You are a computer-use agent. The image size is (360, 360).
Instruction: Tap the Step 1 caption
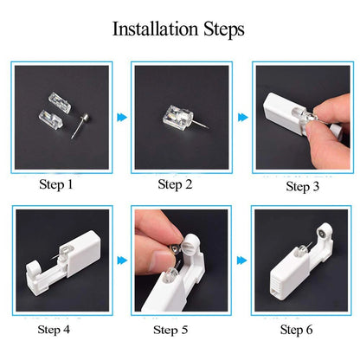pos(58,184)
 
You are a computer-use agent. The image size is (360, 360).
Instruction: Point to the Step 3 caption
pos(303,185)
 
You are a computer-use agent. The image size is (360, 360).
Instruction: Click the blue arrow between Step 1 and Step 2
pos(120,115)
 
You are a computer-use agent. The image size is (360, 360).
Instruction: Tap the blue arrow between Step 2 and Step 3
pos(240,115)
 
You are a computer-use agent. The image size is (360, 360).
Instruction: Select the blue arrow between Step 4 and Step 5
pos(120,258)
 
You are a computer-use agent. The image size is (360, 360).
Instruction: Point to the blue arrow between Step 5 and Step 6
pos(240,258)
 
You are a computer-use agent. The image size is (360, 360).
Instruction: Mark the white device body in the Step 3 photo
pos(282,109)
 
